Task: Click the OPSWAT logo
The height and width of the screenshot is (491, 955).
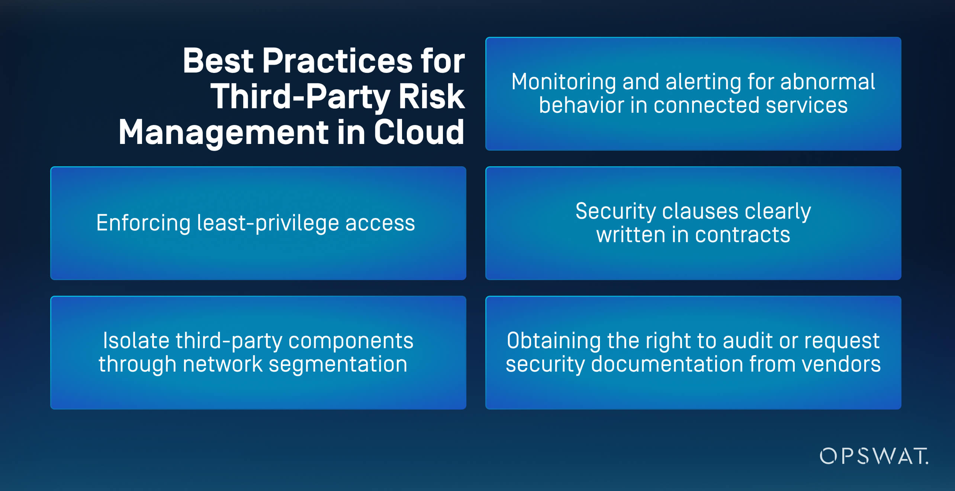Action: pos(874,456)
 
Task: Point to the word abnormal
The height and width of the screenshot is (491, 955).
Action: pos(827,82)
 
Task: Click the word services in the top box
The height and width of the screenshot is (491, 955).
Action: pos(807,105)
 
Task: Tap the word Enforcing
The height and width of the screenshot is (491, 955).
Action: pos(143,223)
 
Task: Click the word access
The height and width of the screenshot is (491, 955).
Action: pos(380,223)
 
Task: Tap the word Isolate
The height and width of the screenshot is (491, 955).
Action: pos(136,340)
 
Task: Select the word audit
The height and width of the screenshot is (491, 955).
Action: pos(747,340)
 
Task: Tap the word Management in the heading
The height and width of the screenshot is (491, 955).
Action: pos(224,133)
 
